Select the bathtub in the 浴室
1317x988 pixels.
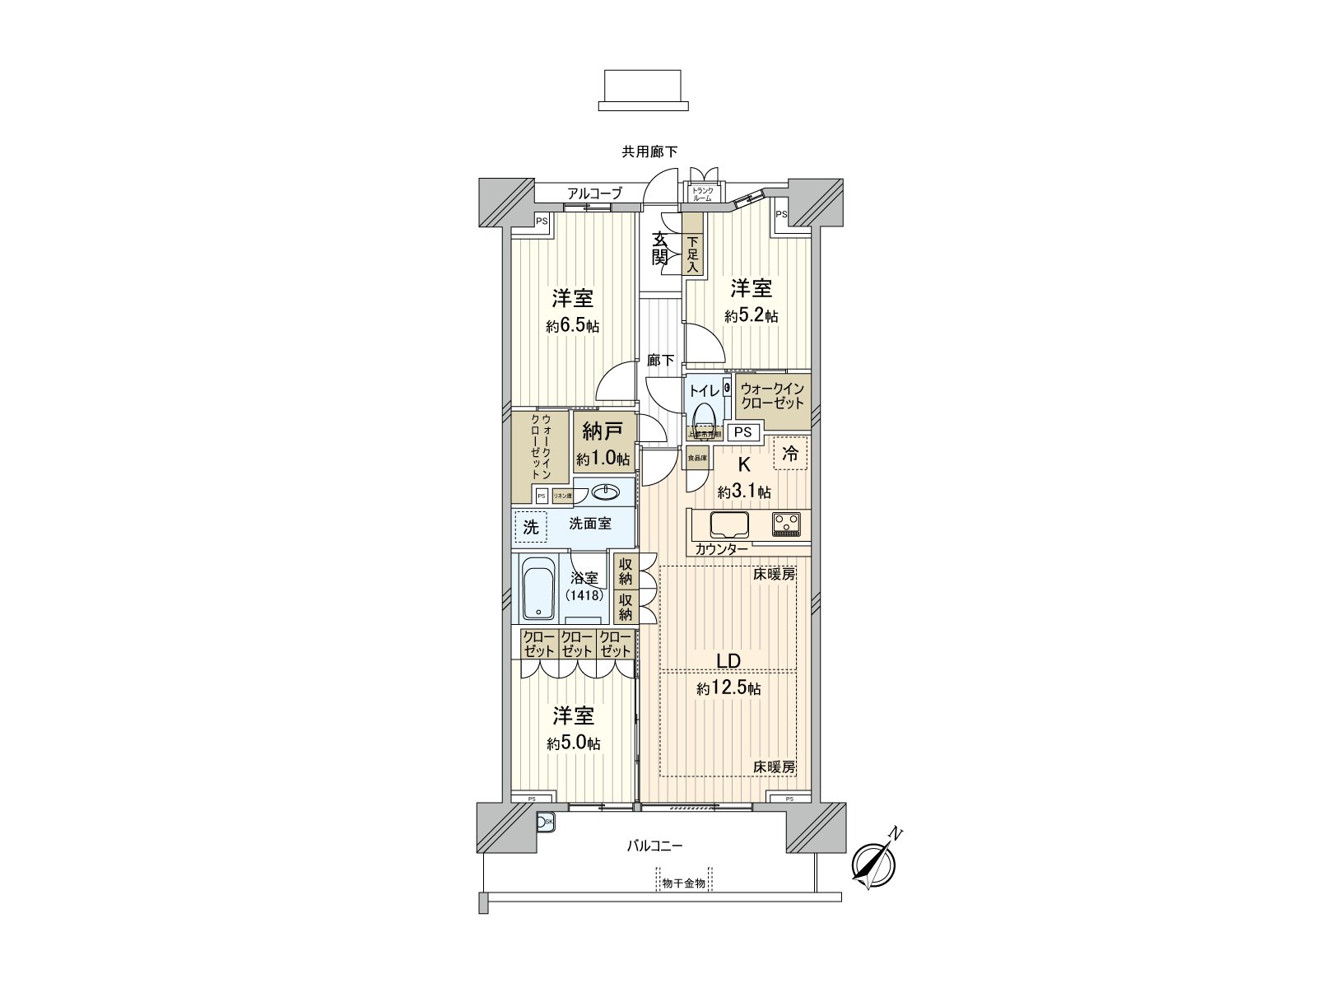[x=539, y=590]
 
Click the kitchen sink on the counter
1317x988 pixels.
[x=729, y=524]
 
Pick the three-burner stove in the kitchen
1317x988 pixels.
[x=786, y=524]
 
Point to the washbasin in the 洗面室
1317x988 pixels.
[x=607, y=492]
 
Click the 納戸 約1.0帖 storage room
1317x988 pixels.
[x=603, y=445]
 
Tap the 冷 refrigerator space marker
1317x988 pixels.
[x=790, y=453]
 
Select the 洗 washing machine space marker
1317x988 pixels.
[x=531, y=527]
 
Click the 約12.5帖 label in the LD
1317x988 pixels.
[x=728, y=689]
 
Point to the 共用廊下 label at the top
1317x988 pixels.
[x=650, y=151]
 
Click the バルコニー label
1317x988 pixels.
[x=655, y=846]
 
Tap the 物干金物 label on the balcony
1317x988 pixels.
[x=683, y=883]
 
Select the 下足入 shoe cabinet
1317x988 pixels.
[x=693, y=254]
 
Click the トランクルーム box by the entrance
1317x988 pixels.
[x=702, y=194]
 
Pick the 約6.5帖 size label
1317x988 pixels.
[x=573, y=326]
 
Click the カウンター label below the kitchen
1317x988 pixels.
[x=721, y=550]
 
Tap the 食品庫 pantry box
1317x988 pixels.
[x=697, y=458]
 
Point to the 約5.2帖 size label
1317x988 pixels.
[x=752, y=316]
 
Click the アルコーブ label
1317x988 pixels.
[x=594, y=193]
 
